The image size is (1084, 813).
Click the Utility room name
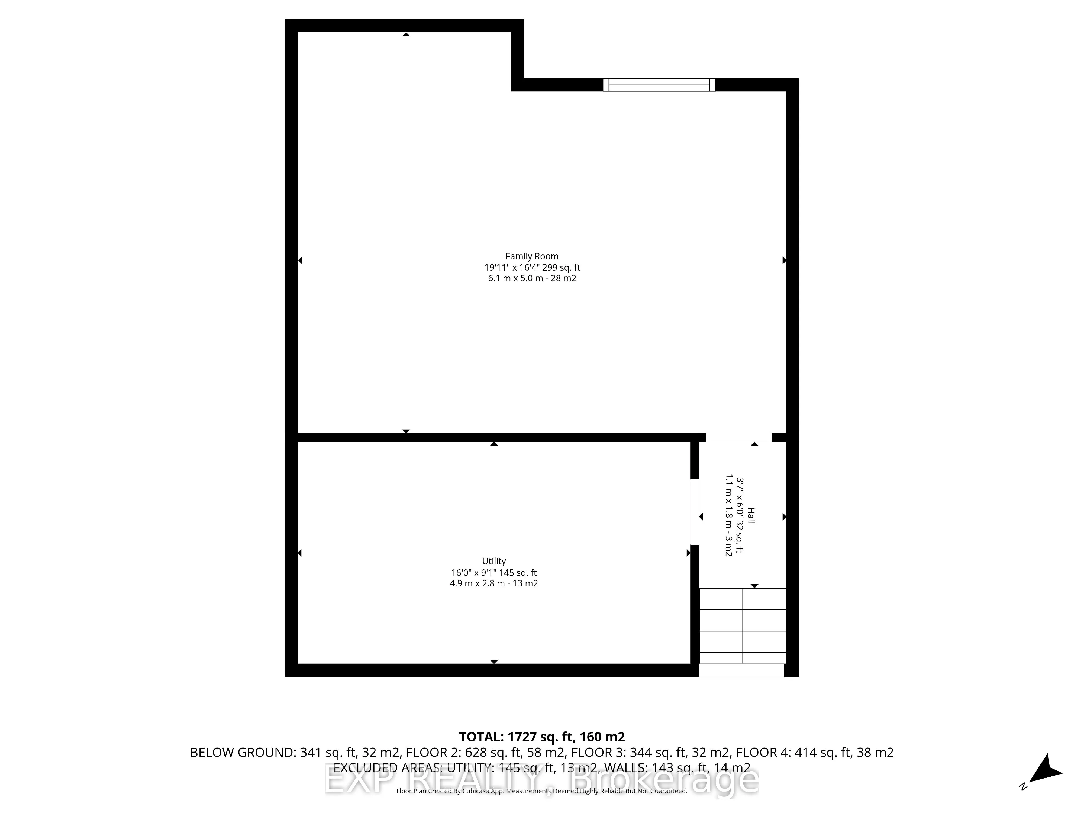click(x=493, y=561)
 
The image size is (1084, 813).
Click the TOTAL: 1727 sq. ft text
click(x=541, y=750)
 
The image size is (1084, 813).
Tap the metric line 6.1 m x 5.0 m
click(x=532, y=278)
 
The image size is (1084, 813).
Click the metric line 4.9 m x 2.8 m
click(x=493, y=583)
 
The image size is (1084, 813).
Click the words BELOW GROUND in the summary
click(x=243, y=766)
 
